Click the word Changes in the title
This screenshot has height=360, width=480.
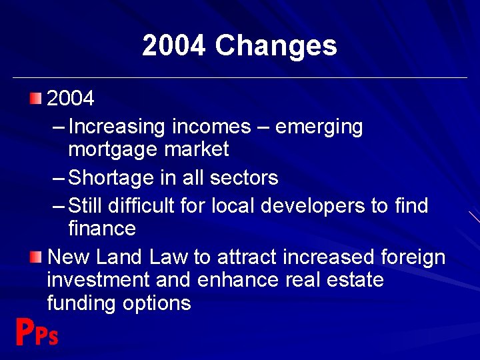(x=276, y=46)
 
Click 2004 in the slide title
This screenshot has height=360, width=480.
(x=175, y=46)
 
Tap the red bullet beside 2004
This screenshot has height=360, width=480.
(x=35, y=99)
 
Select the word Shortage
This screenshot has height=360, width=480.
(x=111, y=178)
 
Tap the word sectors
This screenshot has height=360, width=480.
(x=244, y=178)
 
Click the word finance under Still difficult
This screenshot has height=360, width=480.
(x=102, y=229)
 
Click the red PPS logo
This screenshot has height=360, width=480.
(x=37, y=333)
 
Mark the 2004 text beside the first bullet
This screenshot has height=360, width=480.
(x=71, y=99)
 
